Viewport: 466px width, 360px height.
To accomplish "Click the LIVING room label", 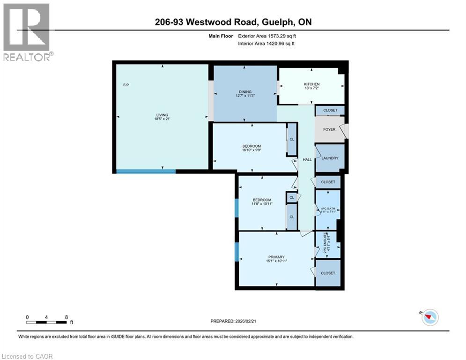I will [162, 115].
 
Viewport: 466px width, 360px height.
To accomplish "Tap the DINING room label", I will [245, 92].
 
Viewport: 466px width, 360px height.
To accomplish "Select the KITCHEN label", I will [311, 84].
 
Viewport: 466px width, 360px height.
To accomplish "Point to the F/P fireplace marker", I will [126, 85].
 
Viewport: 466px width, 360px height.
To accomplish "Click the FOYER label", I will [329, 129].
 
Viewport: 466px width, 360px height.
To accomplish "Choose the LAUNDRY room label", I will [330, 158].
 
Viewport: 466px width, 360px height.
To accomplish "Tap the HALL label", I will [307, 160].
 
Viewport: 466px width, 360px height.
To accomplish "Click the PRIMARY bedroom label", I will [276, 257].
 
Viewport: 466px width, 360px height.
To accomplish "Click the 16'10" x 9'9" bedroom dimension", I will [251, 150].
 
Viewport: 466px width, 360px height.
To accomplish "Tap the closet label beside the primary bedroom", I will [328, 273].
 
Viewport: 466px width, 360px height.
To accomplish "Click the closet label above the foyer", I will [330, 110].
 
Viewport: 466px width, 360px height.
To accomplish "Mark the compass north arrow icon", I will [430, 318].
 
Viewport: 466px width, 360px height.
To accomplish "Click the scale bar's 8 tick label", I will [67, 317].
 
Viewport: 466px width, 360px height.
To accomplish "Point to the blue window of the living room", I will [146, 171].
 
